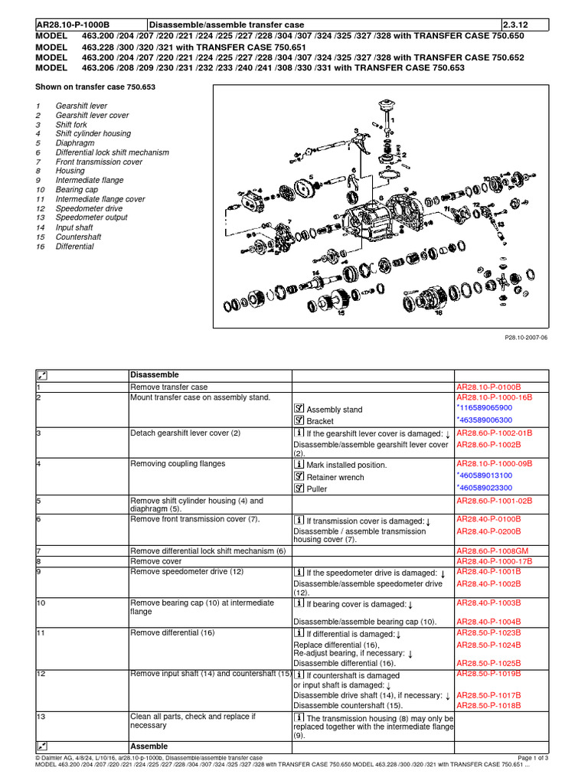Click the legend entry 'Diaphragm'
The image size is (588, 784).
tap(74, 143)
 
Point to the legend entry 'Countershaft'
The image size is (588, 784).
tap(79, 237)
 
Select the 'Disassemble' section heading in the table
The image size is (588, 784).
tap(155, 375)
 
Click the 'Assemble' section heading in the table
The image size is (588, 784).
tap(149, 746)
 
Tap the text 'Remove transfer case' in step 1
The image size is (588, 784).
tap(169, 387)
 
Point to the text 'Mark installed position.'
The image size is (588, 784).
tap(347, 465)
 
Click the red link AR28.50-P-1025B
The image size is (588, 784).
tap(488, 662)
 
